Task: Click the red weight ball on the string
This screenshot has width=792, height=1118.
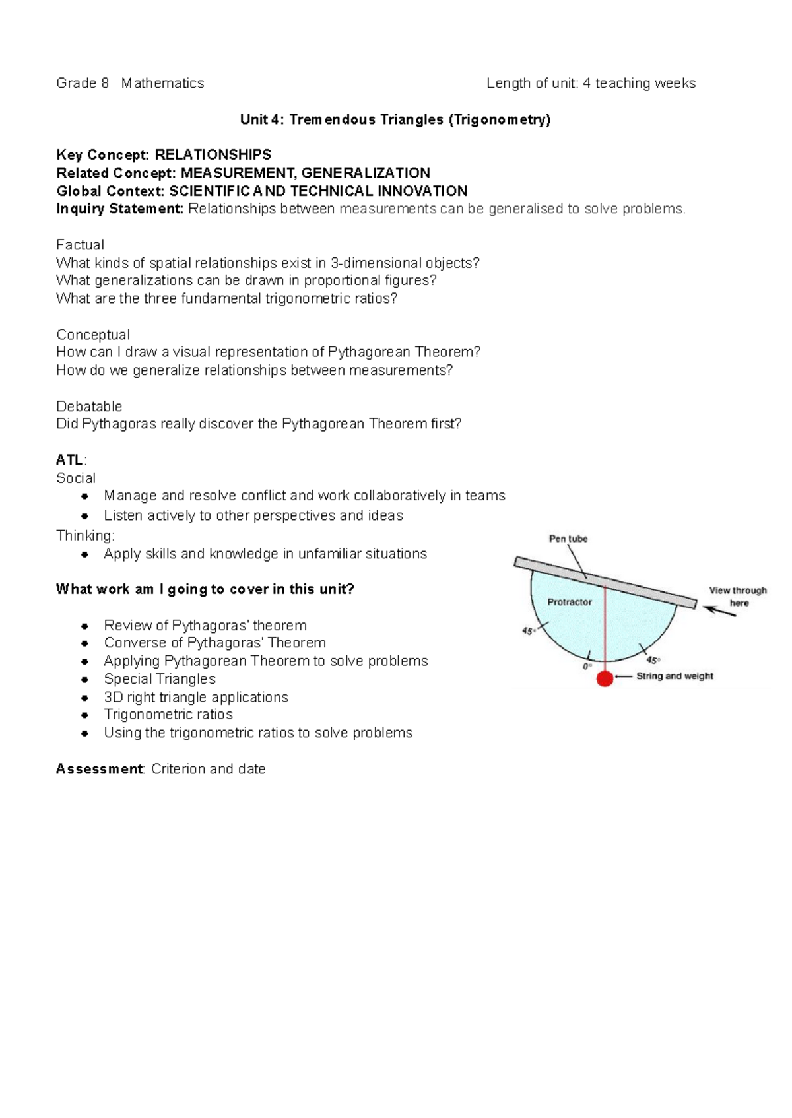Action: pyautogui.click(x=605, y=678)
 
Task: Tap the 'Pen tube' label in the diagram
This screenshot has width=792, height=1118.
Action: pyautogui.click(x=568, y=539)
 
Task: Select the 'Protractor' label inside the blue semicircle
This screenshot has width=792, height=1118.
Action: pyautogui.click(x=570, y=602)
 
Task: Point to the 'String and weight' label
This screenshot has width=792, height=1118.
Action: pyautogui.click(x=675, y=676)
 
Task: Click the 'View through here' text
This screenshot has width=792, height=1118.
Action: pyautogui.click(x=738, y=596)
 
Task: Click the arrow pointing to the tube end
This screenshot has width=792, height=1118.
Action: pyautogui.click(x=719, y=610)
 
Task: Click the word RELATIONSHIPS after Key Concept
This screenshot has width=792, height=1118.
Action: pyautogui.click(x=213, y=155)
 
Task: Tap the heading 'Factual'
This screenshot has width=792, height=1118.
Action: pyautogui.click(x=80, y=245)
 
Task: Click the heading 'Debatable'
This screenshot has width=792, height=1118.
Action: pyautogui.click(x=89, y=406)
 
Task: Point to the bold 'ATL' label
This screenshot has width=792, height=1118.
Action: pyautogui.click(x=69, y=460)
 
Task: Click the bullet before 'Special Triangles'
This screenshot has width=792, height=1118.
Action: pyautogui.click(x=84, y=680)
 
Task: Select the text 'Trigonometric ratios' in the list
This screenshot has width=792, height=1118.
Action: pyautogui.click(x=168, y=715)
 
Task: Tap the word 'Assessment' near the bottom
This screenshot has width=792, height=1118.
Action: pyautogui.click(x=99, y=769)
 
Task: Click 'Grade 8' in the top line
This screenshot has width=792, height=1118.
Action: pyautogui.click(x=82, y=83)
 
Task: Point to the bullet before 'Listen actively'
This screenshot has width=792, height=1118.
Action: pyautogui.click(x=84, y=516)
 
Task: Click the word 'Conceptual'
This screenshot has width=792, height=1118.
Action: pyautogui.click(x=93, y=335)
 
